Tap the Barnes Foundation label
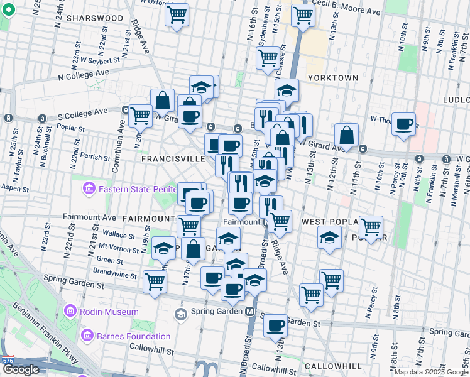[133, 336]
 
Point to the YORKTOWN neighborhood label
[333, 78]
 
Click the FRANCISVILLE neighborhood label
[173, 160]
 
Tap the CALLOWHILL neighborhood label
[333, 366]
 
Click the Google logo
[20, 369]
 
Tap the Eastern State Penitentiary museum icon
[88, 188]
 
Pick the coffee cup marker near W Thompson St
[404, 123]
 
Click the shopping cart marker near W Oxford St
[177, 14]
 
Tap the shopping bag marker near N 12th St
[346, 134]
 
